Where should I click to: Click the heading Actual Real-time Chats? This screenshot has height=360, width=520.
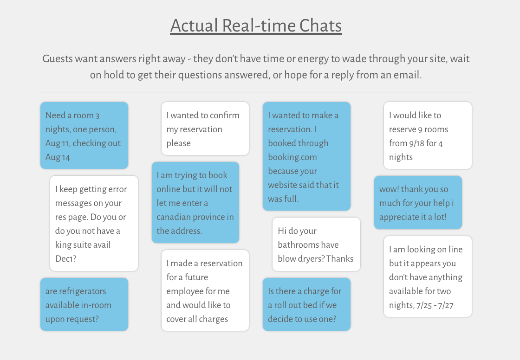[256, 26]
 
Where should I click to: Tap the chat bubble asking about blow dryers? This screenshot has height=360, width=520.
[316, 244]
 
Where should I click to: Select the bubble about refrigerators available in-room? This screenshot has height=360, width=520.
[84, 304]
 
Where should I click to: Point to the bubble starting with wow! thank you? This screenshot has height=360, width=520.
[418, 202]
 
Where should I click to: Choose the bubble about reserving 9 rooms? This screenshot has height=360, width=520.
[428, 135]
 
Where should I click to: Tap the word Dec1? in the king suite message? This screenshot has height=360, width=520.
[65, 259]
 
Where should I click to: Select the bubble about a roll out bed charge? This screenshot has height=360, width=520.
[306, 304]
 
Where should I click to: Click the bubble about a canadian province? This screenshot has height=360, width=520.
[195, 202]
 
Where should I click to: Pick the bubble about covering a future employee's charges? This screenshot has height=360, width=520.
[205, 290]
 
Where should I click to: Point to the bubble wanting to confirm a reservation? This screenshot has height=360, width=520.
[205, 129]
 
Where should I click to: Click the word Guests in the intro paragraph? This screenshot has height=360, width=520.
[58, 59]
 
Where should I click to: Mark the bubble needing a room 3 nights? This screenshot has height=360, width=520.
[84, 135]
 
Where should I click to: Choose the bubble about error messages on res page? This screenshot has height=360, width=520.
[94, 223]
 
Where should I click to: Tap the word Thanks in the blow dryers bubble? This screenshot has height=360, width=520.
[340, 259]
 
